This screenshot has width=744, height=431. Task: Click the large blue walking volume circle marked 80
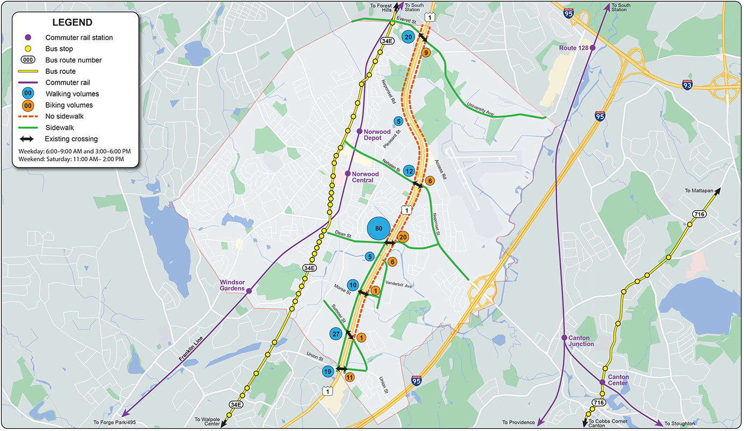[x=378, y=228]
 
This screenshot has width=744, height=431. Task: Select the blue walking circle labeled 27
[x=336, y=334]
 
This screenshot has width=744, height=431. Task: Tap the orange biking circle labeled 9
[x=426, y=52]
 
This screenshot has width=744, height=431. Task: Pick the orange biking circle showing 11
[x=349, y=377]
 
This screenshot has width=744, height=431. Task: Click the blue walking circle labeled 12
[x=409, y=171]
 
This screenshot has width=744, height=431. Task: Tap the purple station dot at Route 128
[x=592, y=48]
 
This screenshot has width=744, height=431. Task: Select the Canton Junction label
[x=581, y=341]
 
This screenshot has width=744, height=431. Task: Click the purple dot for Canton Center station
[x=602, y=383]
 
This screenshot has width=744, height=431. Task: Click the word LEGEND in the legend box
[x=72, y=23]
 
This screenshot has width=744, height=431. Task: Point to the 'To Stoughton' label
[x=679, y=423]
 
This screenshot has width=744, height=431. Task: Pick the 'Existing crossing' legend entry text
[x=71, y=139]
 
